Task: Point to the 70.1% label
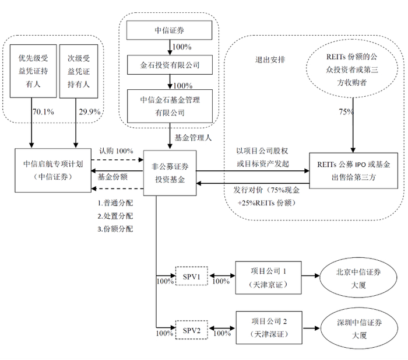point(43,111)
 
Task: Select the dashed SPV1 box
point(192,275)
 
